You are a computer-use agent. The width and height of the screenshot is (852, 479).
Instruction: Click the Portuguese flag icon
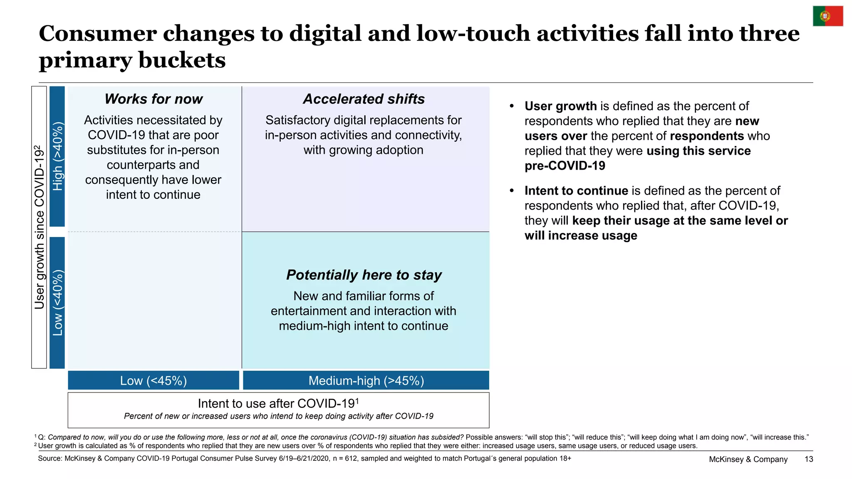pyautogui.click(x=828, y=16)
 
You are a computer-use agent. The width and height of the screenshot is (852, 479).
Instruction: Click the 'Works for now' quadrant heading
pyautogui.click(x=154, y=99)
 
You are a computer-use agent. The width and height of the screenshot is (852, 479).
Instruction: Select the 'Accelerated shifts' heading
pyautogui.click(x=364, y=99)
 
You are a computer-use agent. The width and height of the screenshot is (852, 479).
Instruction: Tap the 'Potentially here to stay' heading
pyautogui.click(x=364, y=275)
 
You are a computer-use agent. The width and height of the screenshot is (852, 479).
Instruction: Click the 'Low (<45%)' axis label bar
pyautogui.click(x=154, y=380)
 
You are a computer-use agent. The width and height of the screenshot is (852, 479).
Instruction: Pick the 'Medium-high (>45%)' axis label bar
pyautogui.click(x=366, y=380)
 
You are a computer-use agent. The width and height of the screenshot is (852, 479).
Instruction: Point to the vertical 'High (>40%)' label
pyautogui.click(x=57, y=156)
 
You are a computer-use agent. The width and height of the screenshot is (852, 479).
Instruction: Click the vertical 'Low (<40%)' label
pyautogui.click(x=57, y=303)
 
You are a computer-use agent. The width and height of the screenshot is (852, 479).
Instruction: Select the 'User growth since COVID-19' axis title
pyautogui.click(x=39, y=227)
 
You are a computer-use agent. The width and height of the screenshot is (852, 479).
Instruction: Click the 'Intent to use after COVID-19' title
pyautogui.click(x=278, y=403)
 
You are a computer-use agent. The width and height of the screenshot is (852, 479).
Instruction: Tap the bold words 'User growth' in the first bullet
pyautogui.click(x=560, y=106)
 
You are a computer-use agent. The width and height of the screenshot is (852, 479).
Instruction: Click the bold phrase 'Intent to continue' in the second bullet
pyautogui.click(x=576, y=190)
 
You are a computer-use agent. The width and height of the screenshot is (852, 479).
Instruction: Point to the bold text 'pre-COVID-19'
pyautogui.click(x=565, y=165)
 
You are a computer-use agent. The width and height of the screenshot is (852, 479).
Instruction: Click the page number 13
pyautogui.click(x=809, y=459)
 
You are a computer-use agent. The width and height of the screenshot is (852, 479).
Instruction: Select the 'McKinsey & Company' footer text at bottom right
pyautogui.click(x=748, y=459)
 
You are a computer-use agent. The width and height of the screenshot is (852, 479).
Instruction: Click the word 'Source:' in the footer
pyautogui.click(x=50, y=458)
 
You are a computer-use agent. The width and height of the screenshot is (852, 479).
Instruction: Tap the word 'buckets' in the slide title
pyautogui.click(x=182, y=60)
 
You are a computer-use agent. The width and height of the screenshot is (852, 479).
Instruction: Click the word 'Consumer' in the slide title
pyautogui.click(x=98, y=33)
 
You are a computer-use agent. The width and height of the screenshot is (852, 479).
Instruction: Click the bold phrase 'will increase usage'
pyautogui.click(x=581, y=235)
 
